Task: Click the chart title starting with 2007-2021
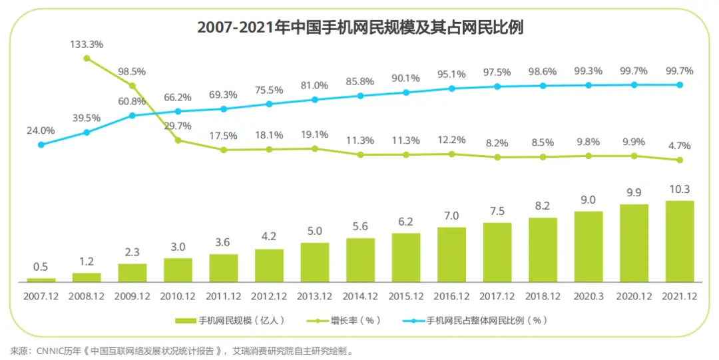360,27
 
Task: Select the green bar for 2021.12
680,241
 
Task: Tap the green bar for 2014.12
360,260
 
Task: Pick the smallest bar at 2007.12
41,280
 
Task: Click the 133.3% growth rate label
87,45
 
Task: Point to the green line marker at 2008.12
87,59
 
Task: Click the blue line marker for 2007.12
41,144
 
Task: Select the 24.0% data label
41,130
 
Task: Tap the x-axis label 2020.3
589,295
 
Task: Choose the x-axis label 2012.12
269,295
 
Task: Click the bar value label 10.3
680,190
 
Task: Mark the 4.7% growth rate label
680,146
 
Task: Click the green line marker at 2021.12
680,160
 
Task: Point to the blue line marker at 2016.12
451,88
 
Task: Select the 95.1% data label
451,74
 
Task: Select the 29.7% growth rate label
178,126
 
